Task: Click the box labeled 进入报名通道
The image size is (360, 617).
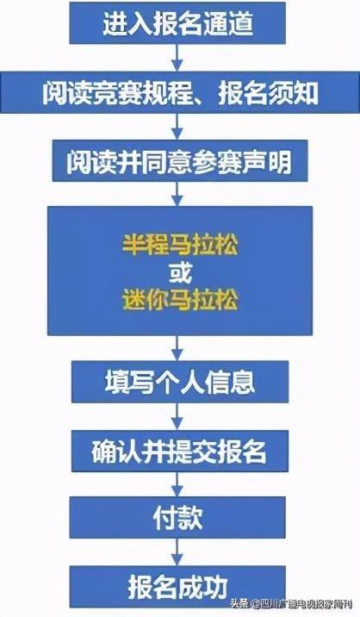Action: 177,22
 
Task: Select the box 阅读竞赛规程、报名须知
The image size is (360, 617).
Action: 180,92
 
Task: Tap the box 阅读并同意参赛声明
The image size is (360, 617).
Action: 180,161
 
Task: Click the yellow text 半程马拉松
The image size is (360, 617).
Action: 180,245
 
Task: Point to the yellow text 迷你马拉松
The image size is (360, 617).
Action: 180,299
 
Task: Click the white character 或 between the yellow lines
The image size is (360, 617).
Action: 180,272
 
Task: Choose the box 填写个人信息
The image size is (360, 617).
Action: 180,382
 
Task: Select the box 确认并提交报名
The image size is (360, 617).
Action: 180,451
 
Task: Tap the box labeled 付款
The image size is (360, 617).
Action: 177,517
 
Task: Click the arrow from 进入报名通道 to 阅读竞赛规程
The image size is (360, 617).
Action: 177,58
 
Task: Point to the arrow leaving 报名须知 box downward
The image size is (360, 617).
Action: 177,127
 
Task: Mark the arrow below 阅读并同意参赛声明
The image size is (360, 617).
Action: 177,194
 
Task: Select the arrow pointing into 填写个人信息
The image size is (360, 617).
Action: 177,348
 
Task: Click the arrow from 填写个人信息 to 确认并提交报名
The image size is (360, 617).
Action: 177,416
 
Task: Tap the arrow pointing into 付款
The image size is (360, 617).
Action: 177,484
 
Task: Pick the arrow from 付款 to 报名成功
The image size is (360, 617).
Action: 177,552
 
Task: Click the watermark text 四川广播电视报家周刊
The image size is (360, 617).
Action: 306,603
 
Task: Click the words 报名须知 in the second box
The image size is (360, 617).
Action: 268,93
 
